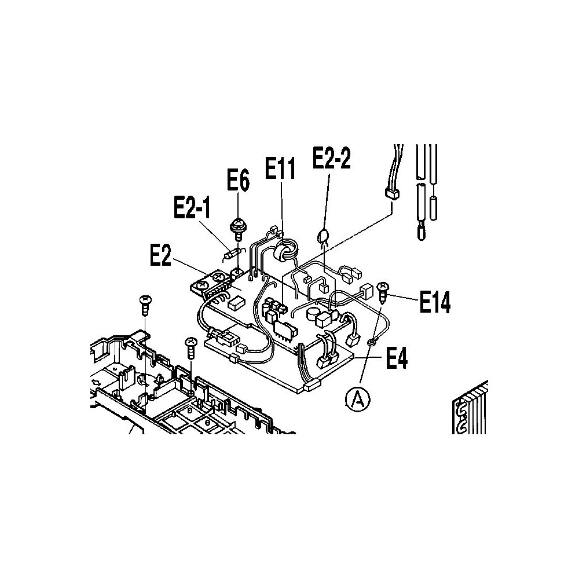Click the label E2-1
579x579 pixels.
click(x=192, y=207)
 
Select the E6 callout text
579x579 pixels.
click(x=238, y=180)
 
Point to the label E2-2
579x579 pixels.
click(x=332, y=157)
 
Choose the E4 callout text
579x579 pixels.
click(x=397, y=358)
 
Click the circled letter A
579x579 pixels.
click(x=358, y=399)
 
